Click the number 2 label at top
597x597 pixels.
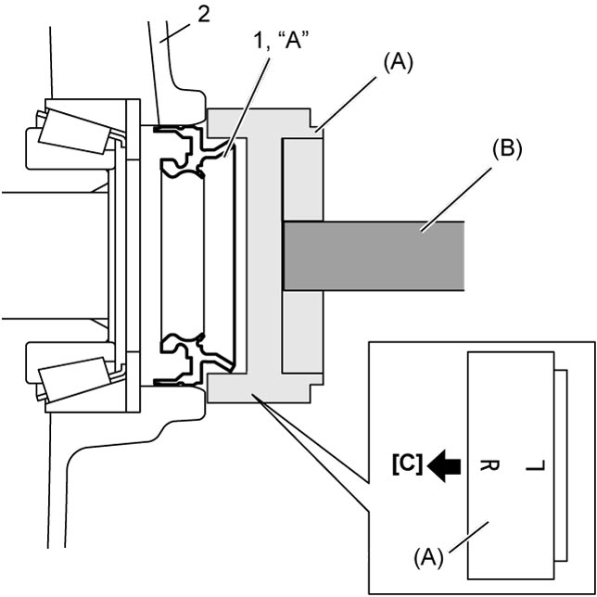[x=203, y=15]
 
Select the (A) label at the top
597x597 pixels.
[x=398, y=64]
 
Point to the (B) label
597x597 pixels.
[x=506, y=149]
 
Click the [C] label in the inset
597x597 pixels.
[x=407, y=464]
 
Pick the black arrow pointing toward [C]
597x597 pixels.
[x=444, y=465]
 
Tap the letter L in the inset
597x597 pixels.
[x=536, y=465]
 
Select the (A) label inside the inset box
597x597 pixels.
[x=429, y=558]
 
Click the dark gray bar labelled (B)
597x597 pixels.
[x=374, y=256]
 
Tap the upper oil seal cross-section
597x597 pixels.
[x=190, y=151]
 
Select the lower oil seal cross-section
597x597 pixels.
[x=190, y=360]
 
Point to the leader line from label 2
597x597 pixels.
[x=176, y=32]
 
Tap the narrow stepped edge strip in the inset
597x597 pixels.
[x=561, y=465]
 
